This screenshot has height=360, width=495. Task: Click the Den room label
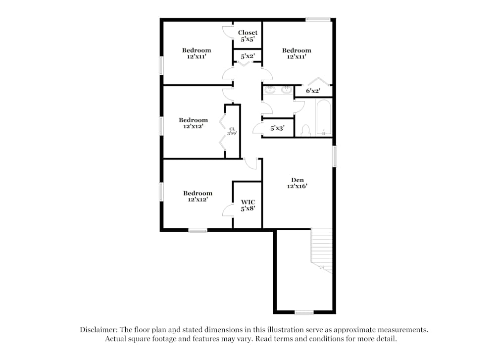[x=297, y=180]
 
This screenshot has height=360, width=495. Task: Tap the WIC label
[x=247, y=202]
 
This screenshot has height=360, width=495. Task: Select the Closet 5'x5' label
[x=247, y=33]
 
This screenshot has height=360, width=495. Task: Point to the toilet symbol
[x=305, y=130]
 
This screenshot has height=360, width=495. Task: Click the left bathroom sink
[x=270, y=90]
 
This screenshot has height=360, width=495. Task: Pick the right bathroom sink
[x=286, y=90]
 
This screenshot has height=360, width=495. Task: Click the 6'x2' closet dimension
[x=313, y=91]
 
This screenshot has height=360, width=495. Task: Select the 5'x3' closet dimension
[x=278, y=128]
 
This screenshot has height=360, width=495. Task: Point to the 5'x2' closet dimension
[x=247, y=56]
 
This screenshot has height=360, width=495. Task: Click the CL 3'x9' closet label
[x=231, y=131]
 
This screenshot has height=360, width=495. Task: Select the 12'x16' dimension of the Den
[x=297, y=187]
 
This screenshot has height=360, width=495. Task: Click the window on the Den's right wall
[x=334, y=156]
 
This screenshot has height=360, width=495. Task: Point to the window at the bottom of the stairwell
[x=304, y=312]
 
